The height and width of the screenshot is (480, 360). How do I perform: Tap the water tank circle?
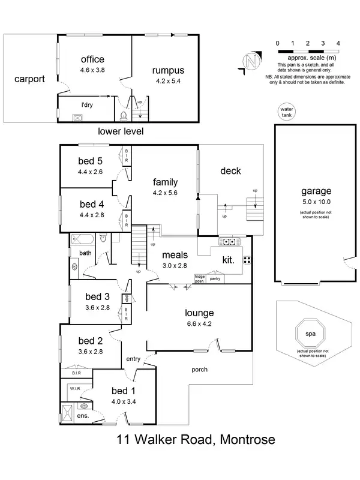(286, 112)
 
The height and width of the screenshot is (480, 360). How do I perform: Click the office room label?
(92, 59)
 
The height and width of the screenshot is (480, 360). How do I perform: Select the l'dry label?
(88, 104)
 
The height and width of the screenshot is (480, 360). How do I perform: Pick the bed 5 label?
(91, 161)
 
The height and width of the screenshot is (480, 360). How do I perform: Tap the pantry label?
(215, 278)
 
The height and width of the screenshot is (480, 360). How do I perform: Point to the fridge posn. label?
(200, 278)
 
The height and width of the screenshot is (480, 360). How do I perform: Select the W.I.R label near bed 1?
(76, 388)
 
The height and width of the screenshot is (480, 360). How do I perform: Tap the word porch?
(200, 370)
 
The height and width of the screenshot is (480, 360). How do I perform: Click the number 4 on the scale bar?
(338, 44)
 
